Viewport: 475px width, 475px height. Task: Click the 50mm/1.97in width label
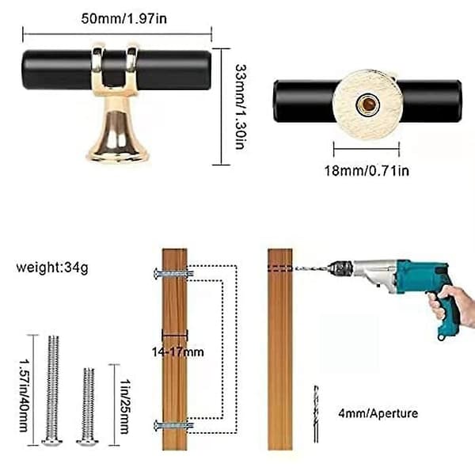tap(124, 19)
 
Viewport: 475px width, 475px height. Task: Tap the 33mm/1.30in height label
tap(241, 107)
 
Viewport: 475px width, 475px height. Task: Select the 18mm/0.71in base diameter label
tap(367, 171)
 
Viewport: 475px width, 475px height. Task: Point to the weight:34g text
tap(52, 268)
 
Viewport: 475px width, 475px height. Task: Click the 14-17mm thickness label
tap(178, 352)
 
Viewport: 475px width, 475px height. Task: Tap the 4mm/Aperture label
tap(378, 413)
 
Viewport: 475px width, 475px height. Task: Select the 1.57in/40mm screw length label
tap(24, 395)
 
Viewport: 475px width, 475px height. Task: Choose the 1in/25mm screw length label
tap(125, 406)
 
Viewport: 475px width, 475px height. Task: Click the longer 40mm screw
tap(53, 390)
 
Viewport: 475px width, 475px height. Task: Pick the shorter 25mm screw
tap(88, 407)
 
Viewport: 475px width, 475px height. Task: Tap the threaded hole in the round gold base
tap(368, 104)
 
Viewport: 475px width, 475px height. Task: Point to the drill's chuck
tap(340, 268)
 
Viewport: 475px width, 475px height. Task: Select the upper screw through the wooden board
tap(173, 274)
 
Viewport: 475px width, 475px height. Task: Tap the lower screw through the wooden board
tap(173, 425)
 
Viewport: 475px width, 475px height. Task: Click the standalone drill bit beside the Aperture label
tap(316, 414)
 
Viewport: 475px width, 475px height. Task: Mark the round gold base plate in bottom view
tap(368, 104)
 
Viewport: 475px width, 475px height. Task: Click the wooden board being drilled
tap(280, 349)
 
